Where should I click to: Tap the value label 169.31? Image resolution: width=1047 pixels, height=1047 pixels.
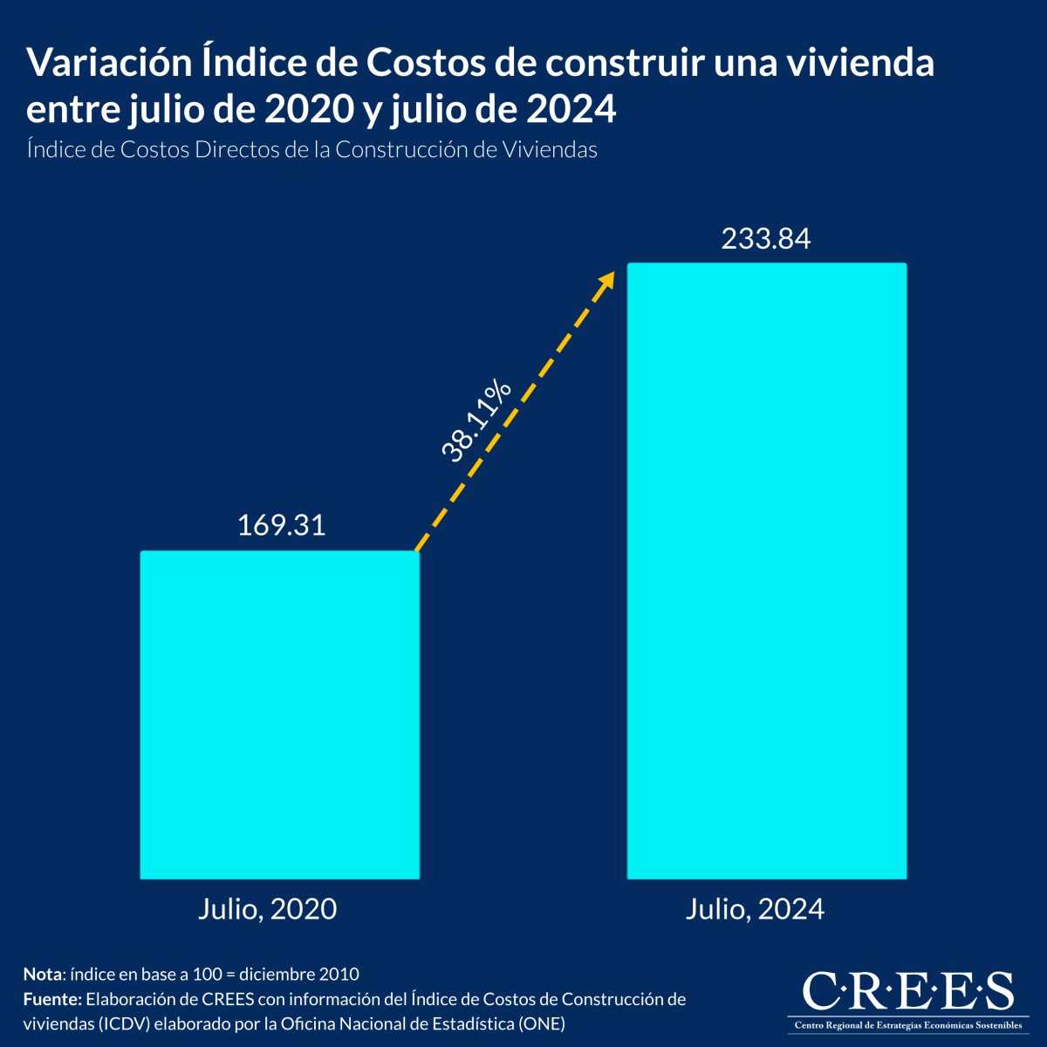pyautogui.click(x=281, y=525)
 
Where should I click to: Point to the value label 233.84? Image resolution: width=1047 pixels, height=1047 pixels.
pyautogui.click(x=766, y=238)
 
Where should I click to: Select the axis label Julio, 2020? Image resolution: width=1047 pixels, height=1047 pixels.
pyautogui.click(x=267, y=909)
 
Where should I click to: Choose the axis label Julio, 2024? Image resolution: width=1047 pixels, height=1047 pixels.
pyautogui.click(x=755, y=909)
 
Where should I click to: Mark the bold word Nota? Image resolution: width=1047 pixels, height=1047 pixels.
pyautogui.click(x=43, y=974)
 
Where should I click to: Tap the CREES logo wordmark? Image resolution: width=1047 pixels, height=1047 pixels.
pyautogui.click(x=907, y=991)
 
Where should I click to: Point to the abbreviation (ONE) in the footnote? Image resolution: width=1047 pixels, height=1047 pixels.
pyautogui.click(x=542, y=1023)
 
